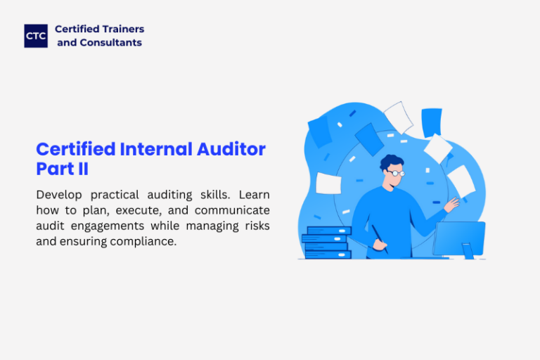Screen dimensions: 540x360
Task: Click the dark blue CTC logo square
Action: tap(36, 36)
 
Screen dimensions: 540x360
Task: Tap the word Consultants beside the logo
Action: tap(111, 42)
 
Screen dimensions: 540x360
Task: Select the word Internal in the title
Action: tap(156, 149)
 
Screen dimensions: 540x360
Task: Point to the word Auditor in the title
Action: tap(231, 149)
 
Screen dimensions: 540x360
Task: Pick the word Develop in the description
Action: tap(59, 195)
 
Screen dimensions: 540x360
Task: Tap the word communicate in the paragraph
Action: tap(232, 210)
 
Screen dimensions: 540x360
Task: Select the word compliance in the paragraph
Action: tap(143, 241)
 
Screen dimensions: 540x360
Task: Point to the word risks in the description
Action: tap(257, 226)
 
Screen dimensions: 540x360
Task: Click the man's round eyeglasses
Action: tap(396, 173)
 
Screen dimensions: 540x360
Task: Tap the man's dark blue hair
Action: tap(391, 161)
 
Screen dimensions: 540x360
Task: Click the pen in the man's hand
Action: tap(380, 238)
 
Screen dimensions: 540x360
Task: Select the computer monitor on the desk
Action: tap(459, 240)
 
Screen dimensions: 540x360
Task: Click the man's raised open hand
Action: tap(452, 205)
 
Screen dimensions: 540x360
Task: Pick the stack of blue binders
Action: tap(326, 242)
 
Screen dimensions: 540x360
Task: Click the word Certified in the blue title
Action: tap(76, 149)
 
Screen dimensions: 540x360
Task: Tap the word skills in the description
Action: tap(215, 195)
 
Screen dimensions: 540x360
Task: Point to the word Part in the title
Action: tap(56, 169)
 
